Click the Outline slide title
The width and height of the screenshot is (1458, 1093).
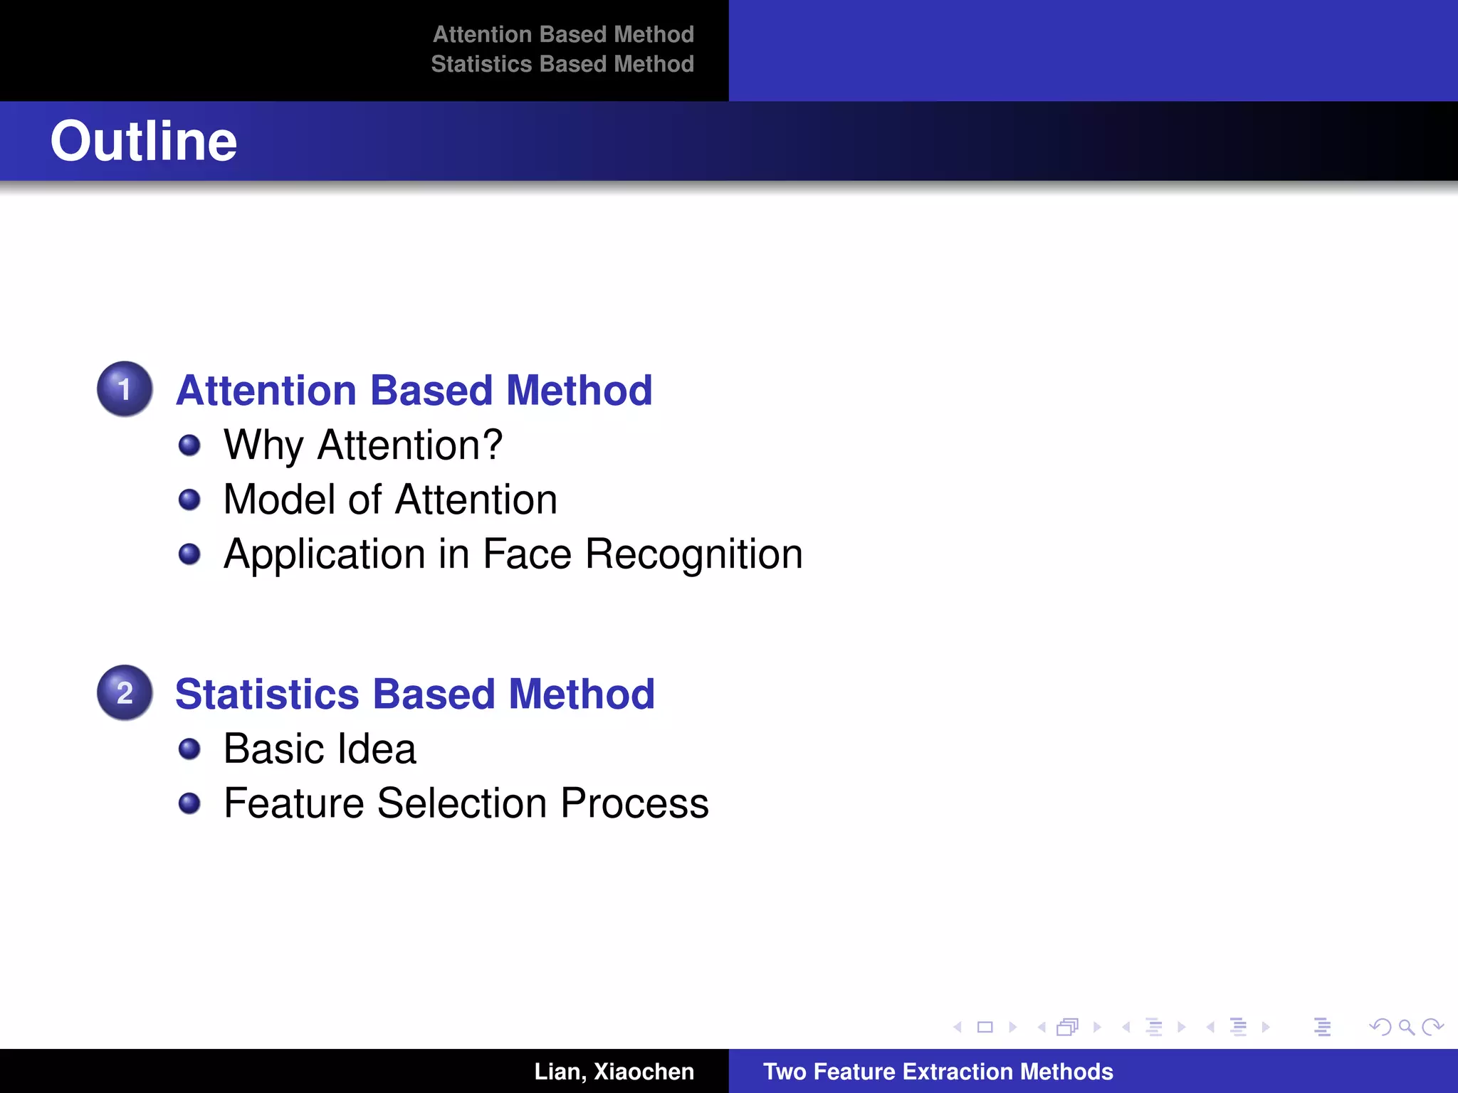[x=143, y=141]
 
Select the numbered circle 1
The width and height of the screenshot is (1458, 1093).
[x=125, y=389]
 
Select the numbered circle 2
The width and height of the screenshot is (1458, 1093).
[x=125, y=692]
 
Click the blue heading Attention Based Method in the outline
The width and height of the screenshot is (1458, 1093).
[x=414, y=390]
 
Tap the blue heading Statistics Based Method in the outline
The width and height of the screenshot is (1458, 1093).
[x=414, y=694]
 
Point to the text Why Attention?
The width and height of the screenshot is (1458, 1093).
[x=362, y=445]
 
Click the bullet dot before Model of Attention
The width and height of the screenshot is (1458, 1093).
[x=189, y=500]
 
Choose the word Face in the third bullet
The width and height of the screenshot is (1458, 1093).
[x=527, y=554]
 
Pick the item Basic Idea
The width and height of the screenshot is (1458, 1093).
[x=320, y=749]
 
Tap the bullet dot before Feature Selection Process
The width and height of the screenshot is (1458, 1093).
[x=189, y=803]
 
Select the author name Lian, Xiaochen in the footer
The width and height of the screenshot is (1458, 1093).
[x=614, y=1072]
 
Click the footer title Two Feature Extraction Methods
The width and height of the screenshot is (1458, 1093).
[x=938, y=1072]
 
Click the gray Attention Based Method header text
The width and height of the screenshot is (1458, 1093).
[x=563, y=34]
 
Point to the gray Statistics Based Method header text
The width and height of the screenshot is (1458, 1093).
[x=562, y=64]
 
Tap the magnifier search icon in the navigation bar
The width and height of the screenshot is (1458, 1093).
[x=1406, y=1027]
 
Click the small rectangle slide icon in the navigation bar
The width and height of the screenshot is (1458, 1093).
[x=985, y=1027]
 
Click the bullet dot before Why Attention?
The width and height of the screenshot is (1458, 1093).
[x=189, y=445]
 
